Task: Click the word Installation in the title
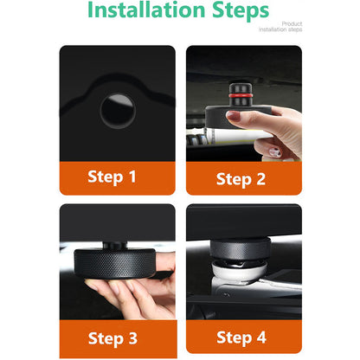click(146, 10)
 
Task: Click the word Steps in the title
click(241, 11)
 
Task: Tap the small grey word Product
click(292, 23)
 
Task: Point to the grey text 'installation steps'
click(280, 29)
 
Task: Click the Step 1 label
click(112, 177)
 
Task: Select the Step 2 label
click(241, 179)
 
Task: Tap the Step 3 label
click(112, 338)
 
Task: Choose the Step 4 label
click(241, 337)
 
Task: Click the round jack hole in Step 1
click(118, 111)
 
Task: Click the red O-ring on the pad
click(240, 95)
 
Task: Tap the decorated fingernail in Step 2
click(274, 152)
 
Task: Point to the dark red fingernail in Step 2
click(233, 116)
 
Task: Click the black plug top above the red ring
click(240, 88)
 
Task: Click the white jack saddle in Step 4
click(239, 271)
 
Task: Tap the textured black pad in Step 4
click(240, 248)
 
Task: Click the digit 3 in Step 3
click(133, 337)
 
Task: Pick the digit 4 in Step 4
click(261, 337)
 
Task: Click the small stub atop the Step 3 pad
click(115, 246)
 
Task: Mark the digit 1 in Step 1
click(132, 177)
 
